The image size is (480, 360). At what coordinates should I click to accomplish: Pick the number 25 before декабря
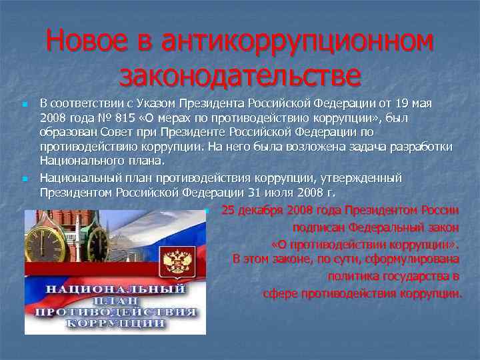coord(228,211)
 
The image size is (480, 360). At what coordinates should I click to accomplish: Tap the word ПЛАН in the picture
coord(115,301)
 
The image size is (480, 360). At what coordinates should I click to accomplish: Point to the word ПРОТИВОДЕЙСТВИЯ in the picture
coord(115,311)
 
